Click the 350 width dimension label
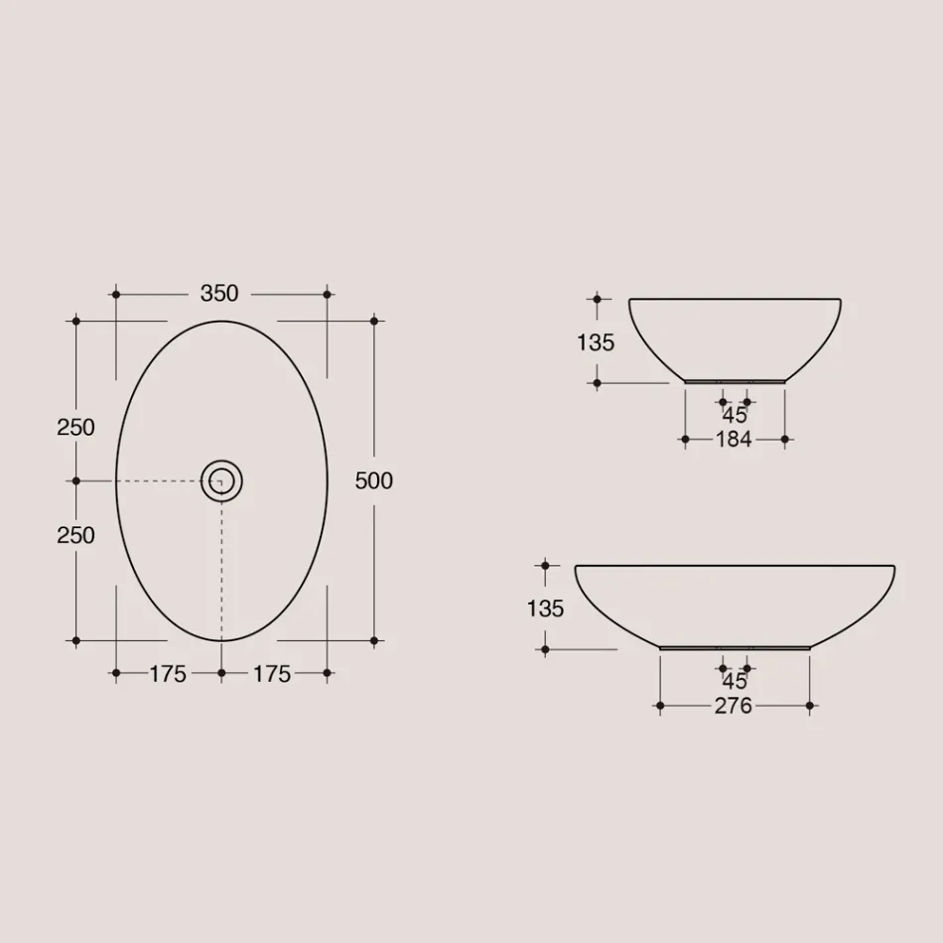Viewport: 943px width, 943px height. point(219,294)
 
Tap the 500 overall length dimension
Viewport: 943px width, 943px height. point(374,480)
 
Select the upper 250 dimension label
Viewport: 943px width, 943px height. point(76,427)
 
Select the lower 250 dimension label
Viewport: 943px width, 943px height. point(76,535)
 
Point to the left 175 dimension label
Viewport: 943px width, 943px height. point(168,674)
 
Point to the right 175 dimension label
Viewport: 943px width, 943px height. point(272,674)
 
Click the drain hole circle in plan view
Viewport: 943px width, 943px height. point(221,482)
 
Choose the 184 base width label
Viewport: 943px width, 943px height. point(734,440)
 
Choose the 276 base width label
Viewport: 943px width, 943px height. point(734,706)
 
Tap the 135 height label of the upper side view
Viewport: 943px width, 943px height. point(596,342)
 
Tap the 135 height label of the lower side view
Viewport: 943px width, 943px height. point(545,608)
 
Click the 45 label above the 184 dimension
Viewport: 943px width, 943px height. point(735,416)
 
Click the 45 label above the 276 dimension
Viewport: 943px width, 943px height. point(735,682)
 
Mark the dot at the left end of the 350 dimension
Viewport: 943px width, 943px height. point(116,295)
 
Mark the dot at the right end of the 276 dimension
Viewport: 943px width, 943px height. point(810,706)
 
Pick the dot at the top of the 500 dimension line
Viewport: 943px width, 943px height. point(374,321)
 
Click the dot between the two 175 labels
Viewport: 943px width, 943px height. point(221,673)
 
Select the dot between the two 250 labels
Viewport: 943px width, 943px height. point(75,480)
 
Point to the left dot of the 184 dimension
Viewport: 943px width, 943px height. point(685,439)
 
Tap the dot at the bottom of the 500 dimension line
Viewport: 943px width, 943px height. point(374,640)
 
